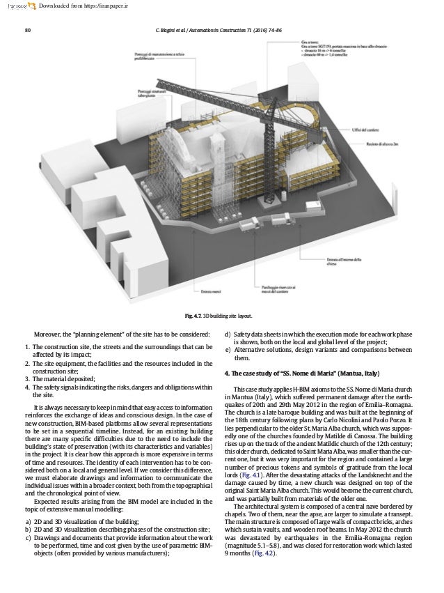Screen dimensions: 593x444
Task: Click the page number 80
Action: pyautogui.click(x=27, y=31)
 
